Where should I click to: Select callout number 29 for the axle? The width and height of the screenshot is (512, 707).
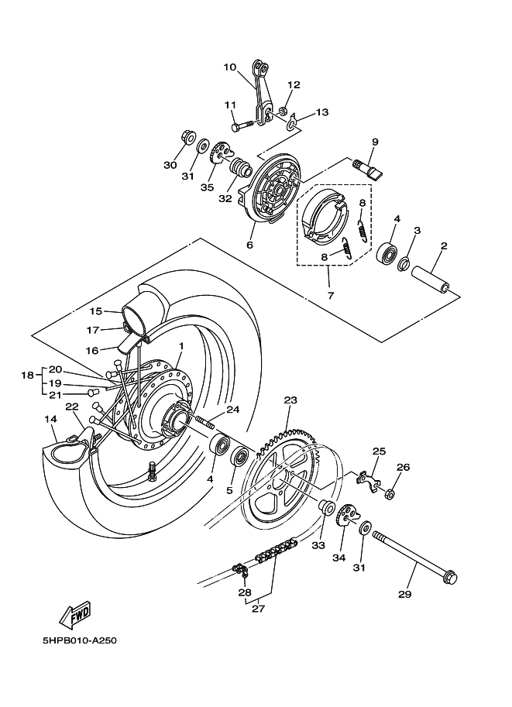[404, 595]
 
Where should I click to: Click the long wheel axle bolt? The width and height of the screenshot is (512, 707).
[414, 554]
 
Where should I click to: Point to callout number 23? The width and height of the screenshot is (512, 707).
[290, 400]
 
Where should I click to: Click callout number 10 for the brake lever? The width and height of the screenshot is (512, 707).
[230, 67]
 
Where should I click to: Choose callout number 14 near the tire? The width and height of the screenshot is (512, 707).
[50, 419]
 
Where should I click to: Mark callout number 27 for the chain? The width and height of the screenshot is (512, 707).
[258, 609]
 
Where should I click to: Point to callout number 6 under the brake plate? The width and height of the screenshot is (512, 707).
[249, 245]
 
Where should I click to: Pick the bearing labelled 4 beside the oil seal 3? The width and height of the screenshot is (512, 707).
[387, 252]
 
